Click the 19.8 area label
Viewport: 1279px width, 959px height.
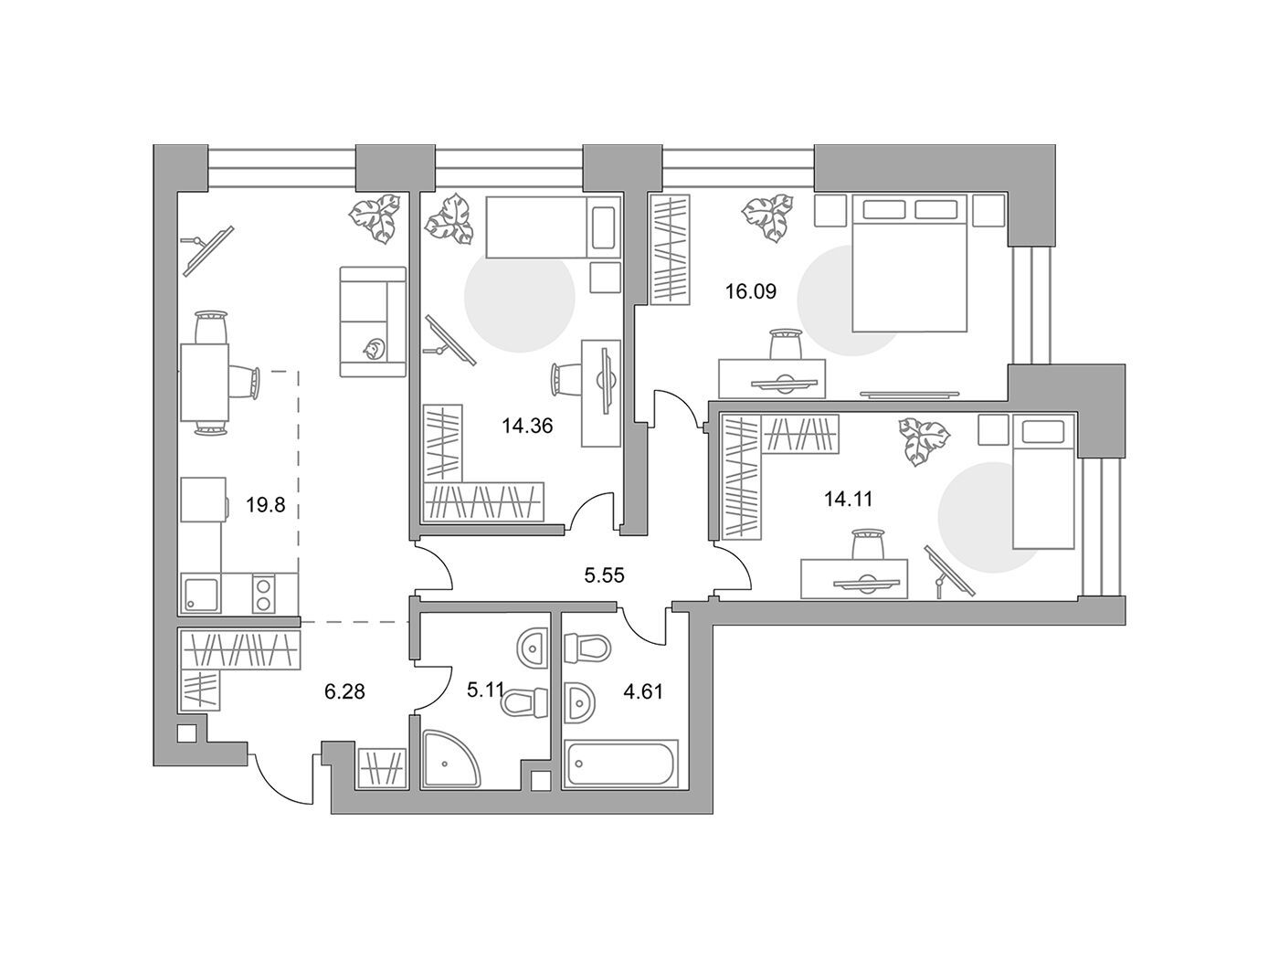[265, 505]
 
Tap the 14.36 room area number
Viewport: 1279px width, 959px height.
[527, 427]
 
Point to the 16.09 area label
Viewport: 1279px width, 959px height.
[751, 291]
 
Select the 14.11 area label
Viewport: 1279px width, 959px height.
[848, 499]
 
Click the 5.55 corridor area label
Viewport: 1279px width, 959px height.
[604, 576]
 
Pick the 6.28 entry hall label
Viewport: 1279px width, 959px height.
[344, 691]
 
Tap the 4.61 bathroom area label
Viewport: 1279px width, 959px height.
[643, 691]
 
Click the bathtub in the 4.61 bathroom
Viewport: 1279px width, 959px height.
[620, 764]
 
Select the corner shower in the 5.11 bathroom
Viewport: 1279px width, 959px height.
[451, 760]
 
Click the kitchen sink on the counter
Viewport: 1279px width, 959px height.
[201, 593]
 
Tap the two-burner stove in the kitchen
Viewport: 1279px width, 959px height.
[264, 593]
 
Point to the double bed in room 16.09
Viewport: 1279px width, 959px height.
[909, 263]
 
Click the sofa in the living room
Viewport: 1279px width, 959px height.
[373, 322]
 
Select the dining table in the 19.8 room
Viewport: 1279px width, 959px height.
[204, 383]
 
